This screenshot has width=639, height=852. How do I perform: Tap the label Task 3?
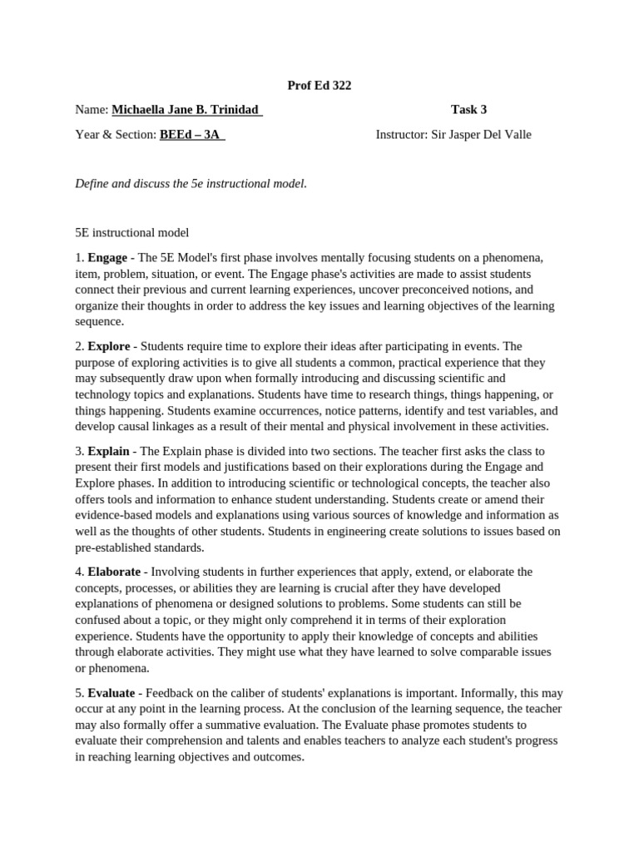468,110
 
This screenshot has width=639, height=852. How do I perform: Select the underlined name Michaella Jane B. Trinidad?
186,110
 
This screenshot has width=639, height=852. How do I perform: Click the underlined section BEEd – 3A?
191,135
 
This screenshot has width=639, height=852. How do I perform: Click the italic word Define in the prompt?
92,183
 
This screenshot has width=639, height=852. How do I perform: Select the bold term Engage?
107,258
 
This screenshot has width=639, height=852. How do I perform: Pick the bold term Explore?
109,346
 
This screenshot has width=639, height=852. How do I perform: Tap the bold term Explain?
108,451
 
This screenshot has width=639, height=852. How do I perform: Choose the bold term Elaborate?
116,572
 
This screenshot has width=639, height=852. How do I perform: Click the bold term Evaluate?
112,692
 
